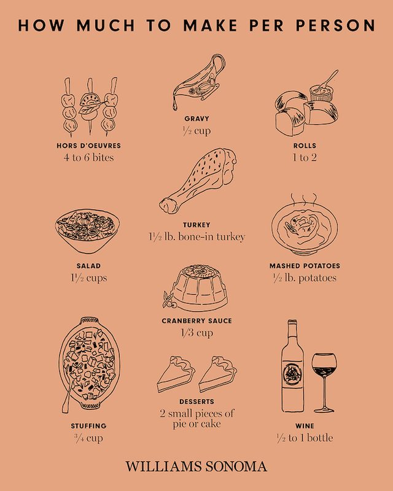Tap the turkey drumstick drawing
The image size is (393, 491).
pyautogui.click(x=198, y=180)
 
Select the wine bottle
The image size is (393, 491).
pyautogui.click(x=292, y=366)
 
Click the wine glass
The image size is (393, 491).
pyautogui.click(x=324, y=376)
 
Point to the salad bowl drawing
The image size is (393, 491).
pyautogui.click(x=87, y=231)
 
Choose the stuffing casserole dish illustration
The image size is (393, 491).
pyautogui.click(x=89, y=364)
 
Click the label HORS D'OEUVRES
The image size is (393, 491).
pyautogui.click(x=88, y=145)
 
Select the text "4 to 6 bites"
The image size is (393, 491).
pyautogui.click(x=88, y=157)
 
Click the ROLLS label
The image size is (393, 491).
pyautogui.click(x=305, y=145)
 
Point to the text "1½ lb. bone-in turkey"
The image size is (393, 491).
pyautogui.click(x=197, y=237)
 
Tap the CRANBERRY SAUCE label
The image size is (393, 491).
pyautogui.click(x=197, y=321)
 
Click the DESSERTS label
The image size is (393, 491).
pyautogui.click(x=197, y=401)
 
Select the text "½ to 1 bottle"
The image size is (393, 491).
pyautogui.click(x=305, y=438)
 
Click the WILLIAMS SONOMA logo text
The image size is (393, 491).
pyautogui.click(x=196, y=466)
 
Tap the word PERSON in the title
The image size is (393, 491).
pyautogui.click(x=335, y=25)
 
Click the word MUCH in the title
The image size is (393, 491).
pyautogui.click(x=106, y=25)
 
